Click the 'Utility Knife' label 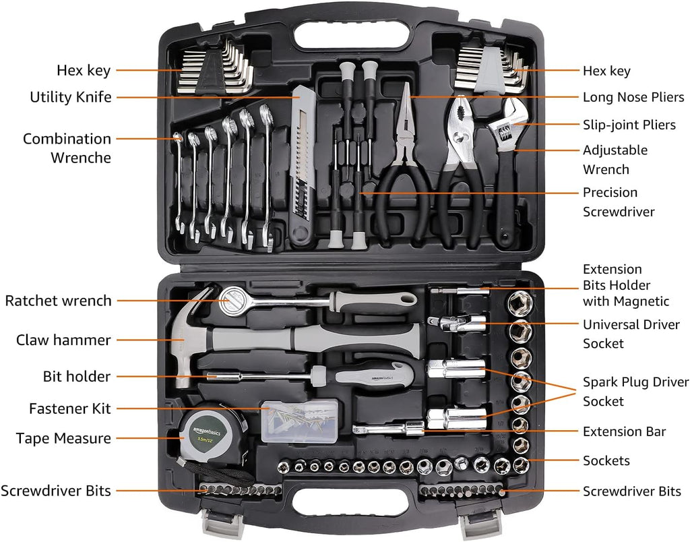tap(71, 97)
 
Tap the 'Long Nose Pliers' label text tap(633, 97)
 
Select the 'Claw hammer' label tap(63, 340)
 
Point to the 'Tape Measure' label tap(63, 438)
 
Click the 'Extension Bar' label tap(624, 431)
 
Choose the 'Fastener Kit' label tap(70, 409)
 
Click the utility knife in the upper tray tap(301, 169)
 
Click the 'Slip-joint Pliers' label tap(629, 125)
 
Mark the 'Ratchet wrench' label tap(59, 301)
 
